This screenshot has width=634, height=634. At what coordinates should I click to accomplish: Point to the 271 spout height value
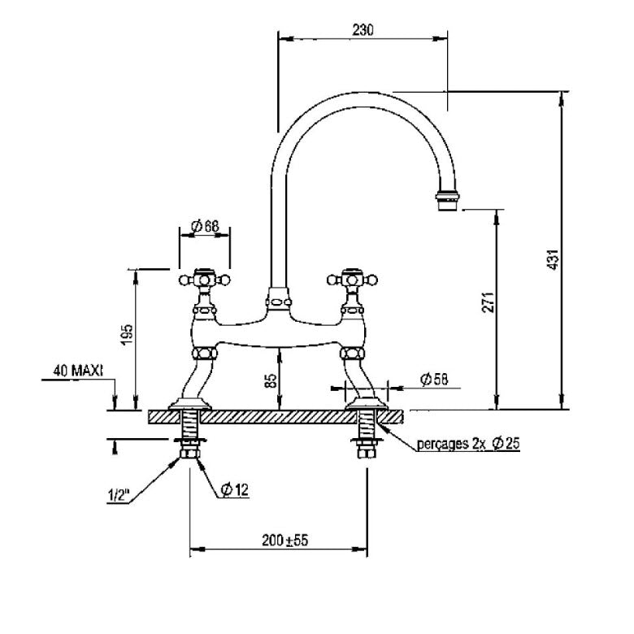coord(487,304)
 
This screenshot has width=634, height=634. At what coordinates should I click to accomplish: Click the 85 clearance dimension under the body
coord(271,380)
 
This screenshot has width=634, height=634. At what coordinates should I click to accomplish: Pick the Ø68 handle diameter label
coord(205,227)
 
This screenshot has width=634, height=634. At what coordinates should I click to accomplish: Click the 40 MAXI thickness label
coord(77,371)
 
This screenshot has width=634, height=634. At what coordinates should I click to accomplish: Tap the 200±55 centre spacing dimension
coord(278,540)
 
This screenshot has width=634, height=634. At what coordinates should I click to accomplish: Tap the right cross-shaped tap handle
coord(353,279)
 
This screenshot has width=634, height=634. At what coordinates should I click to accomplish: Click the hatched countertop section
coord(276,416)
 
